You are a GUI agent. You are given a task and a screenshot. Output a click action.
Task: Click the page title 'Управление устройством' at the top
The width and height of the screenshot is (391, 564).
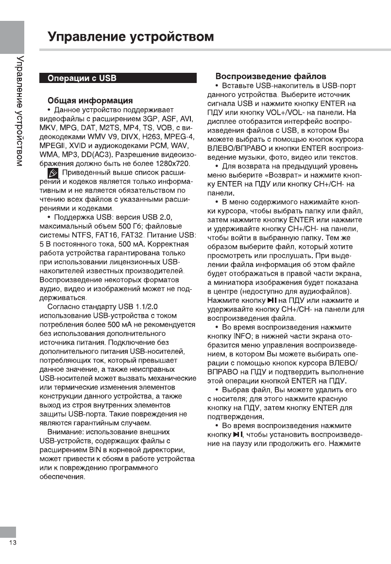click(131, 37)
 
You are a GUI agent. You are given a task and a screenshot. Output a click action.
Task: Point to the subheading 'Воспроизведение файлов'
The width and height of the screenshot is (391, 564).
click(271, 77)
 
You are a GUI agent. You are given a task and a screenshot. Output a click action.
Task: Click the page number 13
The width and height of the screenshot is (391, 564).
click(12, 543)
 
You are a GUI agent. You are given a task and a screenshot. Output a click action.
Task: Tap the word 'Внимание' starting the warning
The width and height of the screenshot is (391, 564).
click(66, 431)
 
